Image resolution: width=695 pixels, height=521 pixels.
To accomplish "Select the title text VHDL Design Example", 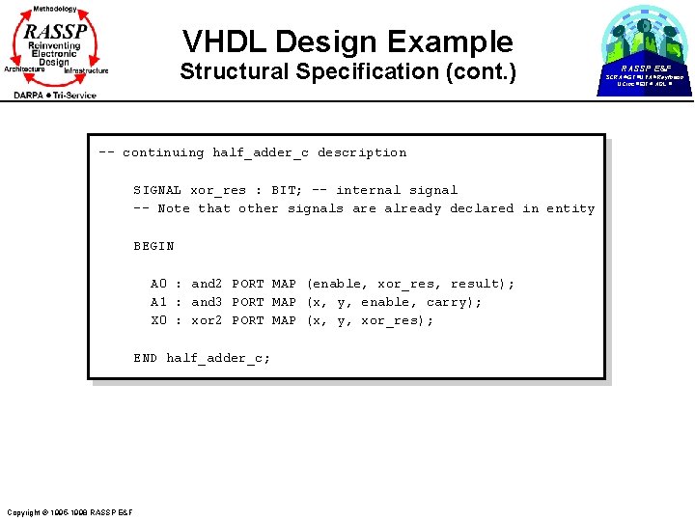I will (x=347, y=41).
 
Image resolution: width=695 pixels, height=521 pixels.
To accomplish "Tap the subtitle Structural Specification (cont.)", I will (x=347, y=71).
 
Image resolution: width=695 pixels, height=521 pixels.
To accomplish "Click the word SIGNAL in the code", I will (x=157, y=190).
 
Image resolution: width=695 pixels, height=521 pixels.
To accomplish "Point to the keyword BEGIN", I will (x=153, y=246).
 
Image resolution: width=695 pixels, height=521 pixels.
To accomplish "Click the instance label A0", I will (x=158, y=284).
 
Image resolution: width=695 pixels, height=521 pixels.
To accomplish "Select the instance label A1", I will (x=158, y=302).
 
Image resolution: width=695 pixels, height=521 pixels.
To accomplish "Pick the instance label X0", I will (x=158, y=320).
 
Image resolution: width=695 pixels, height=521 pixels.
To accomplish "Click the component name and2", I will (x=207, y=284).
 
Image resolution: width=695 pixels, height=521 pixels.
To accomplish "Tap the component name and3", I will (x=207, y=302).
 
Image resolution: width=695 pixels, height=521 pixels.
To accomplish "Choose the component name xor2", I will (x=207, y=320).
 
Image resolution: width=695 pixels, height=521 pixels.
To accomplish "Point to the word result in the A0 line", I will (x=474, y=284).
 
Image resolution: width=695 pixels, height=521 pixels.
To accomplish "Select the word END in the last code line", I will (x=145, y=358).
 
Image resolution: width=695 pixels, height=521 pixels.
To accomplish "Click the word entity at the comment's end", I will (x=571, y=208).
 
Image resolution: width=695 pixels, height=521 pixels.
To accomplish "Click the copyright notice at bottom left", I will (x=69, y=511).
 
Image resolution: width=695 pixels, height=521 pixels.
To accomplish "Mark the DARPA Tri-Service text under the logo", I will (x=55, y=95).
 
